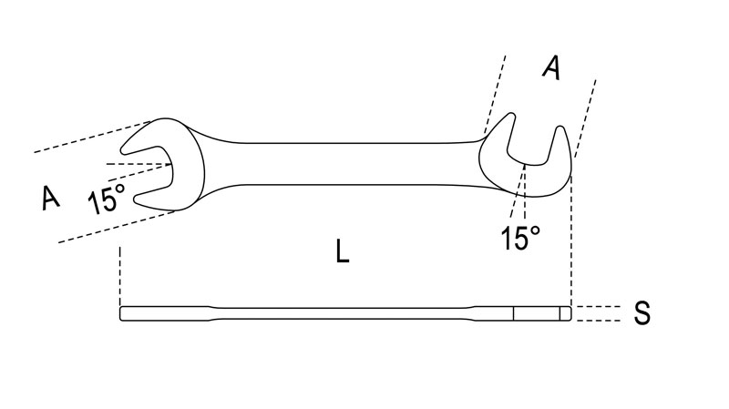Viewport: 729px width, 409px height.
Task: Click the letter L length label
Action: tap(342, 251)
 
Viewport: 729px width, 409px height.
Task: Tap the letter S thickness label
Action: tap(642, 314)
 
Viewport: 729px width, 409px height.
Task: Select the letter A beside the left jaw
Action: tap(51, 197)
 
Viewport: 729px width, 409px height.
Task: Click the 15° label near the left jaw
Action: tap(107, 199)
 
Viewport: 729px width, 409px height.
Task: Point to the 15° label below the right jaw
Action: tap(520, 239)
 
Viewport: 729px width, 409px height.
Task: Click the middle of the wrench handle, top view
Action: tap(342, 163)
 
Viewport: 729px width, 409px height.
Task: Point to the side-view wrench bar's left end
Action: tap(125, 313)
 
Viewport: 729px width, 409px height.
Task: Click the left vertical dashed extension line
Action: tap(120, 273)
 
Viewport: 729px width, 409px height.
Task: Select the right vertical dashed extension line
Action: tap(571, 237)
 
